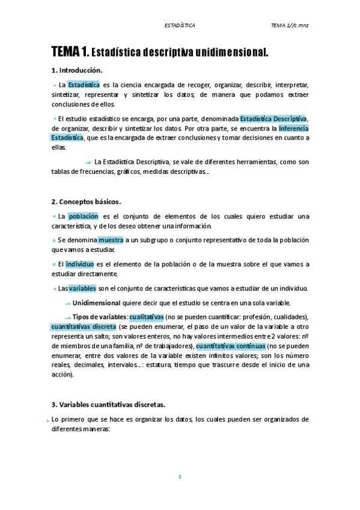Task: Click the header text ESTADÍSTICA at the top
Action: click(x=180, y=25)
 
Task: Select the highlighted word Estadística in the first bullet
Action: click(x=84, y=85)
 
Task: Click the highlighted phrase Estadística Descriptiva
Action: click(x=273, y=118)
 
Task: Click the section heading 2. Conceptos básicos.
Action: click(x=87, y=201)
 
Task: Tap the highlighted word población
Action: click(x=82, y=216)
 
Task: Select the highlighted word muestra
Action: click(x=111, y=239)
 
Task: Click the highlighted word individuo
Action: click(x=79, y=263)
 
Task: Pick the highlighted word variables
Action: click(x=82, y=288)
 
